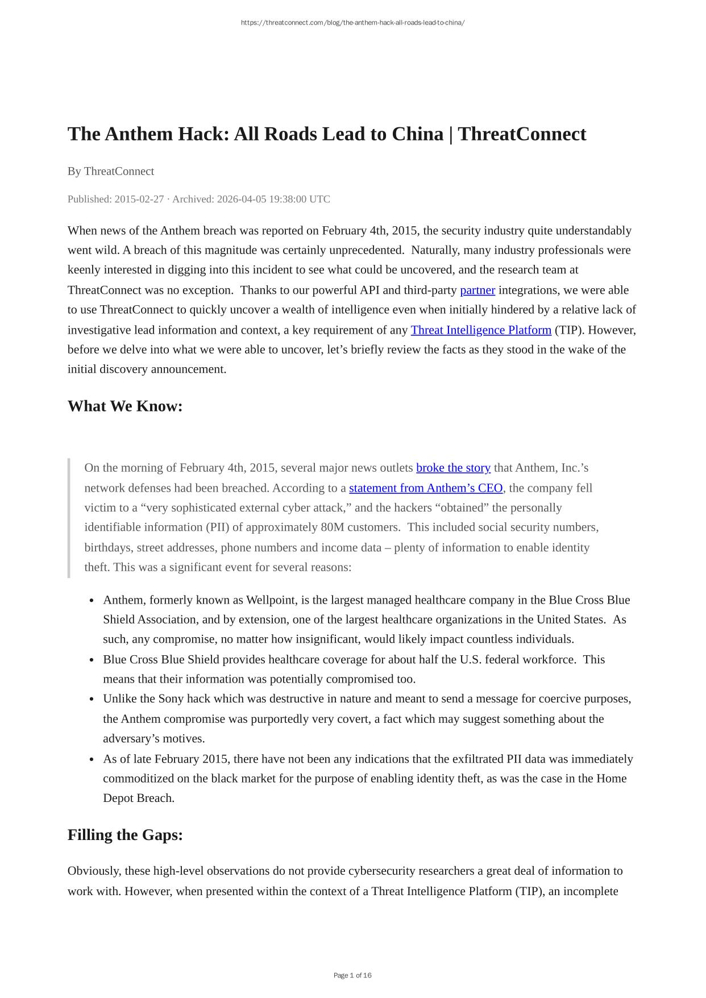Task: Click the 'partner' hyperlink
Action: point(477,290)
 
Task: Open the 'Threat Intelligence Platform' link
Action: point(481,330)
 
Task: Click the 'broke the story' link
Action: point(453,468)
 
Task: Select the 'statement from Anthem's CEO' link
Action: point(426,488)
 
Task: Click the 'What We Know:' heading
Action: point(125,406)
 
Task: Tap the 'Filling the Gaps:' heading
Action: point(125,835)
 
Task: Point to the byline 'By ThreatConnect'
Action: point(111,171)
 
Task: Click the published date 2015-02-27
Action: point(139,199)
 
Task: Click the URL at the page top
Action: point(352,23)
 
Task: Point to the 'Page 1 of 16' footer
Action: point(352,975)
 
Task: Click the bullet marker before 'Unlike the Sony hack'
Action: point(92,700)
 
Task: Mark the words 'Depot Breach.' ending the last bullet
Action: point(139,798)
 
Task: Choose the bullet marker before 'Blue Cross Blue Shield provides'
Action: point(92,660)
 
